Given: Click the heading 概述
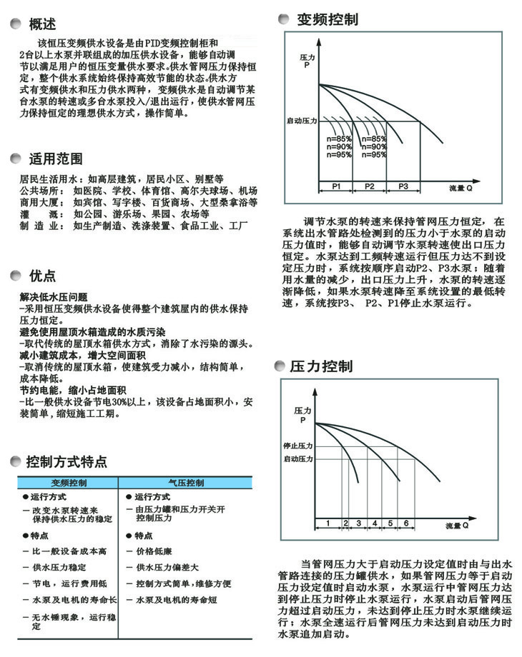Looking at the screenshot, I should pos(41,25).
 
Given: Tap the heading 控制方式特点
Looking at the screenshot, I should pos(66,460).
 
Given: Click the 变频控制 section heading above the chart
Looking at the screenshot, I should pos(328,19).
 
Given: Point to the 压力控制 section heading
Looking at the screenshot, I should pos(321,367).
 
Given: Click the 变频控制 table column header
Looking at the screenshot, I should pos(69,483).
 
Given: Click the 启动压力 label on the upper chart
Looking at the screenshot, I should pos(300,121).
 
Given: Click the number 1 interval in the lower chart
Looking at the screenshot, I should pos(328,523).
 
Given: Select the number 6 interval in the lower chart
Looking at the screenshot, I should pos(406,523).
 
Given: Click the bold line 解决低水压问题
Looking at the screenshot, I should pos(54,296).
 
